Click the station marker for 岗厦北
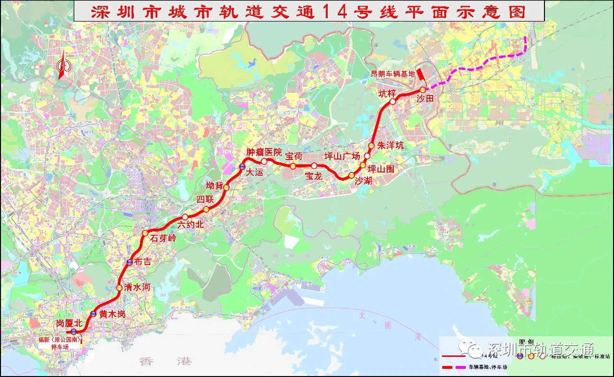click(x=74, y=331)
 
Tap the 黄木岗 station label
click(x=112, y=315)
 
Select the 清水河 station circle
click(x=119, y=288)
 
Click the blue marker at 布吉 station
click(x=130, y=263)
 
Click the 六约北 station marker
click(x=185, y=217)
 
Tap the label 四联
click(x=204, y=199)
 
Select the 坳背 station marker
click(x=226, y=187)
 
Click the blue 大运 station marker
click(x=243, y=167)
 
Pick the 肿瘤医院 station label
click(x=264, y=152)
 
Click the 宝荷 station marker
click(x=293, y=166)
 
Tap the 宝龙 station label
click(x=314, y=176)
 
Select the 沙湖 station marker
click(x=352, y=175)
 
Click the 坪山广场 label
click(x=342, y=156)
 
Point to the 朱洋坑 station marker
click(x=371, y=146)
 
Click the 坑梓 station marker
click(x=393, y=102)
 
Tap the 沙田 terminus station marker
click(x=423, y=90)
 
